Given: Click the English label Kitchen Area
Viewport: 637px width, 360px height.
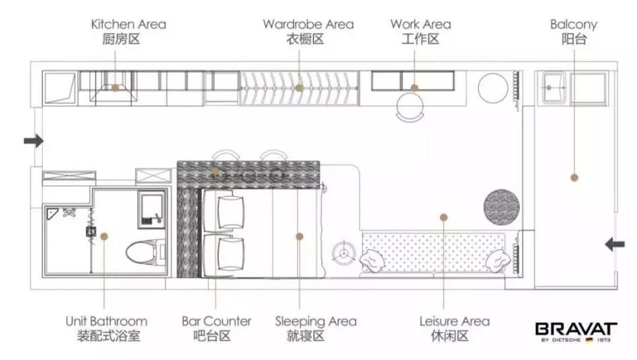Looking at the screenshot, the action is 128,24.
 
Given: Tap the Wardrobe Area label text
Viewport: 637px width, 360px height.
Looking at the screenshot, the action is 308,24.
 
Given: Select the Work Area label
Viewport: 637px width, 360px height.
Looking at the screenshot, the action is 421,24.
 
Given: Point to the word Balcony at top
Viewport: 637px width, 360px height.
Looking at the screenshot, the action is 574,25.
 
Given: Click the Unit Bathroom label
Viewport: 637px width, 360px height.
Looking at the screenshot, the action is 106,322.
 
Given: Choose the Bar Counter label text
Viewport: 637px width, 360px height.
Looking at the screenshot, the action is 216,322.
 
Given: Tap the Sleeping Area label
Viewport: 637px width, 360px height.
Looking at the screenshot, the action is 316,322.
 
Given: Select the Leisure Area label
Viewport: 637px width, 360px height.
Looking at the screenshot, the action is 454,322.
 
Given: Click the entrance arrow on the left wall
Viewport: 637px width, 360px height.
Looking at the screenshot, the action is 34,141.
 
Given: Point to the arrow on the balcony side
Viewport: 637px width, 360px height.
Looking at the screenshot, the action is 615,244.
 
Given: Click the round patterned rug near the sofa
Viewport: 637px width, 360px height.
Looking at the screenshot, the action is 501,207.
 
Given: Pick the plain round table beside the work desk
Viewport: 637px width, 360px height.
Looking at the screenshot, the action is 493,88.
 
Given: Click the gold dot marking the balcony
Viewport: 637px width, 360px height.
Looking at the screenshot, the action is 574,177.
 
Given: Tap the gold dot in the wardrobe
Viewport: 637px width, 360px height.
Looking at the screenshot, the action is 300,88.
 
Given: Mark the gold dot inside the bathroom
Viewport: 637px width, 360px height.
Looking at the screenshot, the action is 104,236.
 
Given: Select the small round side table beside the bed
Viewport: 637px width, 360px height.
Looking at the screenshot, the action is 343,253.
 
